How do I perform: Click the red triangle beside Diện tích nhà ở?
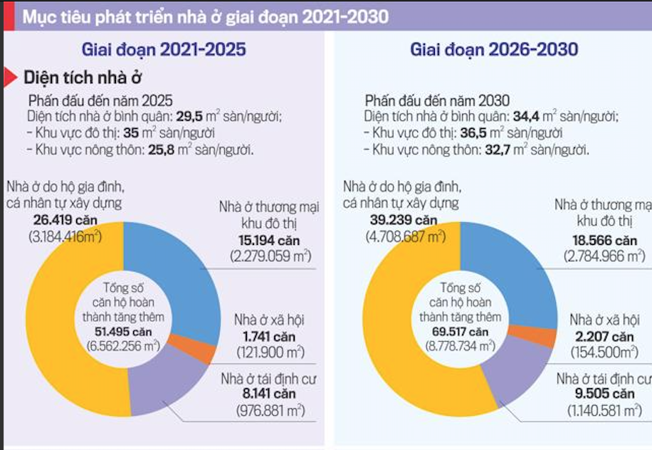[10, 77]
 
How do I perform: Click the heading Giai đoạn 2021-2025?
[164, 50]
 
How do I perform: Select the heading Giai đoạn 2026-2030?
[493, 50]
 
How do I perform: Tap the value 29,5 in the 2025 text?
[187, 117]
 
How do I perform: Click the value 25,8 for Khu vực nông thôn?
[162, 150]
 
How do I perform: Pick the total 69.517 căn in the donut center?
[458, 331]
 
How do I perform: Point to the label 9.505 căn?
[605, 394]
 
